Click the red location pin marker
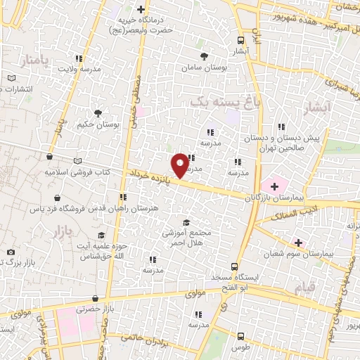click(180, 165)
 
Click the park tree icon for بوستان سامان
click(204, 55)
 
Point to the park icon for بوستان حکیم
click(98, 112)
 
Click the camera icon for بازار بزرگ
click(11, 252)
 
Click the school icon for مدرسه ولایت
click(79, 58)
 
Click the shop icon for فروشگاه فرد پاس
click(56, 198)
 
